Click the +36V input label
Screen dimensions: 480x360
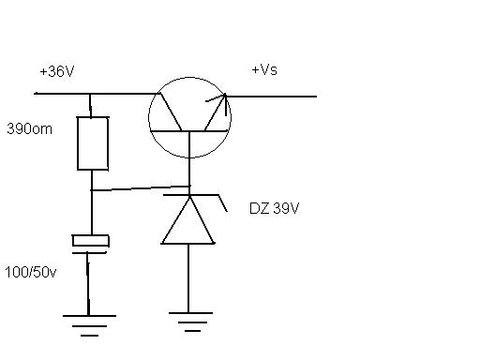coord(57,71)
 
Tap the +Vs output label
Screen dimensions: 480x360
coord(264,69)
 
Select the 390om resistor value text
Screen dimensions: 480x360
coord(29,129)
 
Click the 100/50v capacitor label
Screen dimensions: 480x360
coord(31,272)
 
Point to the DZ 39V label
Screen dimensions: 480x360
coord(275,208)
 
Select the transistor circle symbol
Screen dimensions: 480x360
coord(149,117)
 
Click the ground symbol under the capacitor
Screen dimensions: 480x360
coord(89,325)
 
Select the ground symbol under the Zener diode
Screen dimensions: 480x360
coord(191,322)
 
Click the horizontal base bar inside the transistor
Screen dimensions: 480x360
coord(188,130)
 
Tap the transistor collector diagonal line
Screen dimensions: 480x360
coord(171,112)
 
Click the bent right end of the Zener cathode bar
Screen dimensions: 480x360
coord(223,203)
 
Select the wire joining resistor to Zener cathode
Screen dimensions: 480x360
coord(141,188)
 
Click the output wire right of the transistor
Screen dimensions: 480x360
coord(271,97)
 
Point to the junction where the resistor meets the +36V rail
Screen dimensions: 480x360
coord(91,94)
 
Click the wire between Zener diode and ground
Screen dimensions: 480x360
coord(188,278)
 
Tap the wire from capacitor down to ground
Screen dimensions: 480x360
coord(88,284)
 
